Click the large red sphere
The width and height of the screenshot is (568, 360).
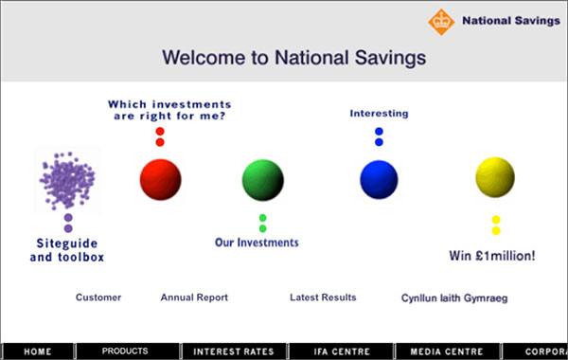[160, 177]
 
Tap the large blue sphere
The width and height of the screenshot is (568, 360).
[380, 178]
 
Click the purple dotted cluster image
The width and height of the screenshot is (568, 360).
[67, 180]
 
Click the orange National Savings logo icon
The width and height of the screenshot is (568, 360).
[439, 20]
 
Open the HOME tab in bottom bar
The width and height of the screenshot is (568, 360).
[38, 351]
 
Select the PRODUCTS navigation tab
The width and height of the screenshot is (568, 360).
[125, 351]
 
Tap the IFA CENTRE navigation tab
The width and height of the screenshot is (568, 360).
[341, 351]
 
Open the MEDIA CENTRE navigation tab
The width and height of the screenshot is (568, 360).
[447, 351]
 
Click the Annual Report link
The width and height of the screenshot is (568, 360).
[194, 297]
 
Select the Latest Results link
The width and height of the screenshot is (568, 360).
[323, 297]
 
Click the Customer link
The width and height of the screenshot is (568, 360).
[98, 297]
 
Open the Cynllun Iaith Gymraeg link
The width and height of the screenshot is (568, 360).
[454, 298]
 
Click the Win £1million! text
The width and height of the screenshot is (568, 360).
[492, 255]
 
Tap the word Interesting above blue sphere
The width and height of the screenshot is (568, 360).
[379, 114]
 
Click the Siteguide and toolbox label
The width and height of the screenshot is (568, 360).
[64, 249]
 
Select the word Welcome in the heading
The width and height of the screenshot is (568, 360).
[204, 57]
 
